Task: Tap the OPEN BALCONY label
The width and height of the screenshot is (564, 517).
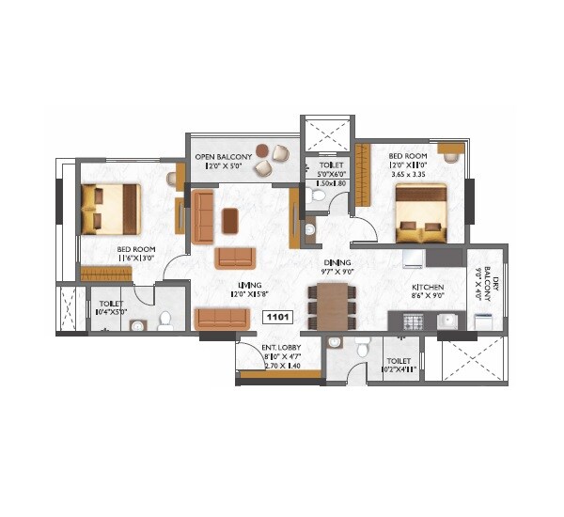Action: point(217,156)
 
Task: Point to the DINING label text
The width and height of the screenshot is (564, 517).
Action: point(337,263)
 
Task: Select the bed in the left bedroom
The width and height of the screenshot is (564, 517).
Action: point(111,208)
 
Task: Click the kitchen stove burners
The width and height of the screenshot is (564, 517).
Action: point(415,322)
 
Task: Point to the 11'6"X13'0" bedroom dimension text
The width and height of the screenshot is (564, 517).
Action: point(136,259)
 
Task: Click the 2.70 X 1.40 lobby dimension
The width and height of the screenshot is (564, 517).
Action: point(281,366)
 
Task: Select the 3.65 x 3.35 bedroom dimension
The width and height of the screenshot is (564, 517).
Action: point(409,175)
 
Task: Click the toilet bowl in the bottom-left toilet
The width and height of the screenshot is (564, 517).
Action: point(165,321)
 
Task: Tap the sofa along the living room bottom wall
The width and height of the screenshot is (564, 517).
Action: point(222,319)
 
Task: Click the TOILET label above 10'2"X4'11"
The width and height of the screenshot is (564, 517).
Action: point(398,361)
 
